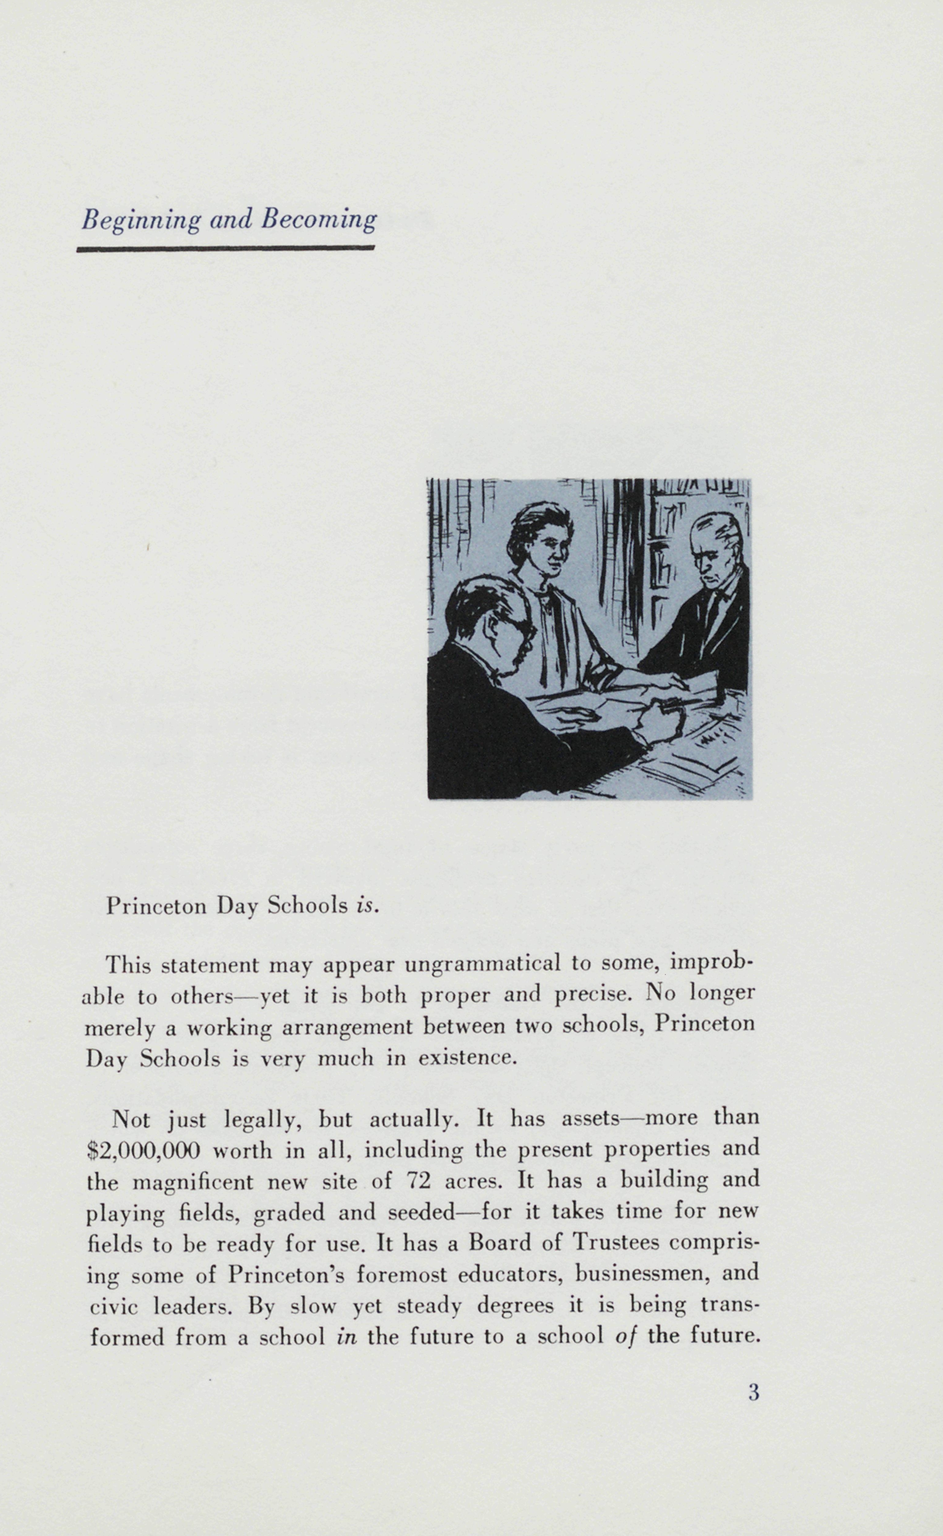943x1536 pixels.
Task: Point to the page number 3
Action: pyautogui.click(x=753, y=1393)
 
